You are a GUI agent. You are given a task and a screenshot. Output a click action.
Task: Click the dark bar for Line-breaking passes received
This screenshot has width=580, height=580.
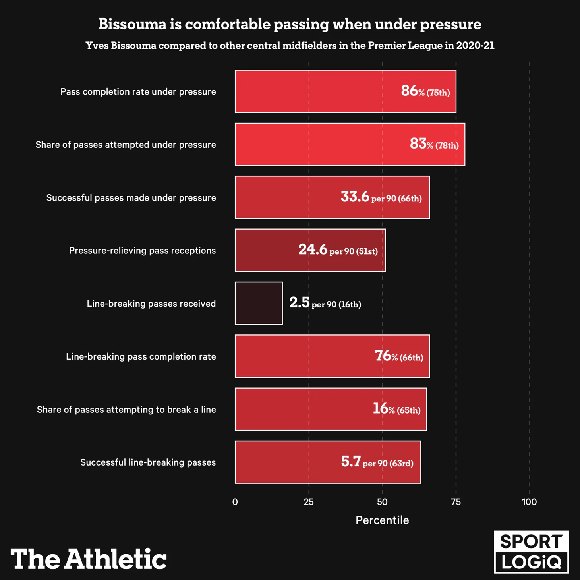pyautogui.click(x=259, y=303)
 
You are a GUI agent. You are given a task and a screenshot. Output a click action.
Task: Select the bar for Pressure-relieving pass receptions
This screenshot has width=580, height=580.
pyautogui.click(x=310, y=250)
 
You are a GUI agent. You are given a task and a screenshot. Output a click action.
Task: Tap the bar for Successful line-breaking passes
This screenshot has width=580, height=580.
pyautogui.click(x=328, y=462)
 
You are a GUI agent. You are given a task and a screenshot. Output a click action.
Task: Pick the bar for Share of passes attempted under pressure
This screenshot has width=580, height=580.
pyautogui.click(x=350, y=144)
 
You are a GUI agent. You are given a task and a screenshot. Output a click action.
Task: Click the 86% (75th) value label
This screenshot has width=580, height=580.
pyautogui.click(x=425, y=91)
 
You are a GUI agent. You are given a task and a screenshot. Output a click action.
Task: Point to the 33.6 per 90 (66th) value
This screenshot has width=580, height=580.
pyautogui.click(x=381, y=197)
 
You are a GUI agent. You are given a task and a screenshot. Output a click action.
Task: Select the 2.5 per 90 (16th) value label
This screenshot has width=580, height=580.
pyautogui.click(x=325, y=304)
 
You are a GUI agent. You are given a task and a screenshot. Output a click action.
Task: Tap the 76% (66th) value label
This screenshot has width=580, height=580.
pyautogui.click(x=399, y=356)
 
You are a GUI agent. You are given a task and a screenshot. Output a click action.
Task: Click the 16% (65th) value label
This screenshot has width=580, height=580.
pyautogui.click(x=396, y=409)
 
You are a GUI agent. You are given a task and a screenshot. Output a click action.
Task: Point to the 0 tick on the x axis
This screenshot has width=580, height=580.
pyautogui.click(x=235, y=502)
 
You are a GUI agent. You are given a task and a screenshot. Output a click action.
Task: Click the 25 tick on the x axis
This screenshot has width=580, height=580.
pyautogui.click(x=309, y=502)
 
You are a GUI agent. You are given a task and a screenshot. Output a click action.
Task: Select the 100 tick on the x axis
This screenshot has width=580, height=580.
pyautogui.click(x=529, y=502)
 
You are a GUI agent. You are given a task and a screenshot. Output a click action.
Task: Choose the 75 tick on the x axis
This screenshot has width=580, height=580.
pyautogui.click(x=456, y=502)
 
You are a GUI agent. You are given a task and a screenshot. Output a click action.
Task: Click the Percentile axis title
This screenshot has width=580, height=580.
pyautogui.click(x=382, y=520)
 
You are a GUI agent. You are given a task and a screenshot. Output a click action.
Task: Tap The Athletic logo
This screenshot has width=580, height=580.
pyautogui.click(x=89, y=559)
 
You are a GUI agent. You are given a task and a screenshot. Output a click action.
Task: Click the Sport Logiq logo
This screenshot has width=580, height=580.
pyautogui.click(x=531, y=552)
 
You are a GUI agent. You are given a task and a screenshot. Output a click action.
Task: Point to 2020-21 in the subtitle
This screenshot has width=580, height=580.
pyautogui.click(x=475, y=46)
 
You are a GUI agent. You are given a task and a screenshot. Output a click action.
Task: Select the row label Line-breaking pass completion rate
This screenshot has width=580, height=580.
pyautogui.click(x=141, y=356)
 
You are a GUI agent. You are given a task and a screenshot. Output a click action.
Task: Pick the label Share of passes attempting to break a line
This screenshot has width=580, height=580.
pyautogui.click(x=126, y=409)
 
